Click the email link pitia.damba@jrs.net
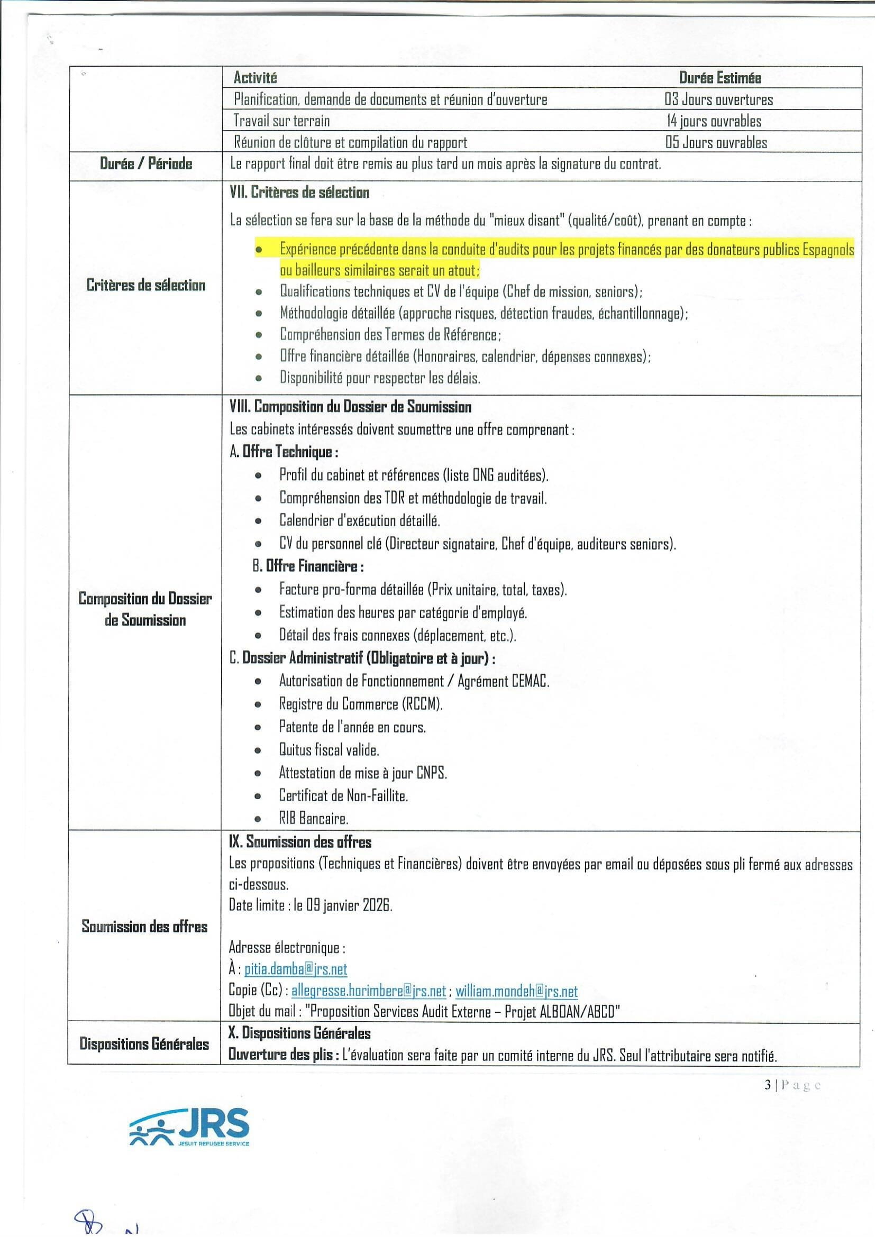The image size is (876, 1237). pyautogui.click(x=296, y=969)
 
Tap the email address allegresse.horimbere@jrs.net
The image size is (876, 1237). pyautogui.click(x=368, y=991)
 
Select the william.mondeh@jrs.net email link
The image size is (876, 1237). pyautogui.click(x=516, y=991)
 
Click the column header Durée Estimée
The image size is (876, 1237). pyautogui.click(x=719, y=78)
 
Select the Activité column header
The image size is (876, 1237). pyautogui.click(x=255, y=78)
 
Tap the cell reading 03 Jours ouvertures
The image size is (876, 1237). pyautogui.click(x=718, y=99)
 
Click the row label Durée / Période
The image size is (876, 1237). pyautogui.click(x=145, y=163)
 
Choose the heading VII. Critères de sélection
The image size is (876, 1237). pyautogui.click(x=299, y=193)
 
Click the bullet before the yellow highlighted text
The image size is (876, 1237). pyautogui.click(x=259, y=250)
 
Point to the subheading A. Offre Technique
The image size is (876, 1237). pyautogui.click(x=284, y=451)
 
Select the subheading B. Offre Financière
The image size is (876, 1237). pyautogui.click(x=308, y=566)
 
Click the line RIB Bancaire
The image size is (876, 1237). pyautogui.click(x=313, y=819)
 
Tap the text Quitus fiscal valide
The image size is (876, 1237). pyautogui.click(x=329, y=749)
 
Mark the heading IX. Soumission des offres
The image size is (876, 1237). pyautogui.click(x=300, y=842)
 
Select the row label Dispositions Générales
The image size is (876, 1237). pyautogui.click(x=144, y=1043)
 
